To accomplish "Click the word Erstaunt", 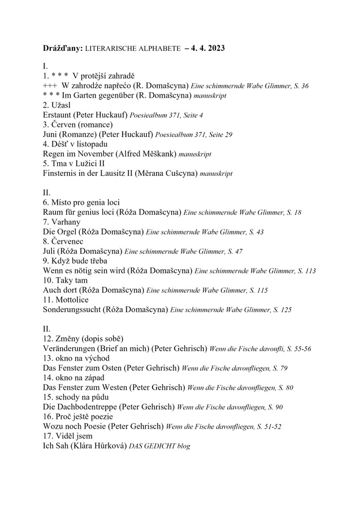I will pos(60,115).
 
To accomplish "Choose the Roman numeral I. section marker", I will pos(45,66).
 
